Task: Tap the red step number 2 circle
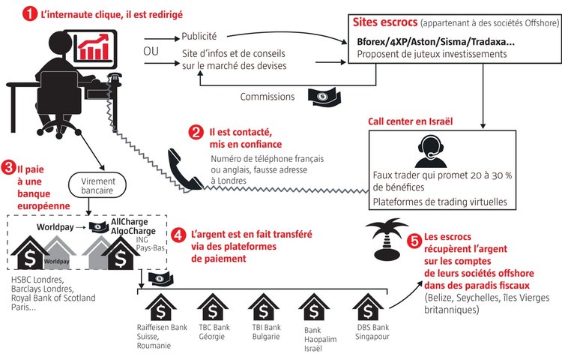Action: [196, 132]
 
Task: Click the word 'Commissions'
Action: [267, 97]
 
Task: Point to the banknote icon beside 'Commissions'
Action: [324, 95]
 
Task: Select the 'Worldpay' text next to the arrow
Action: [58, 226]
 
